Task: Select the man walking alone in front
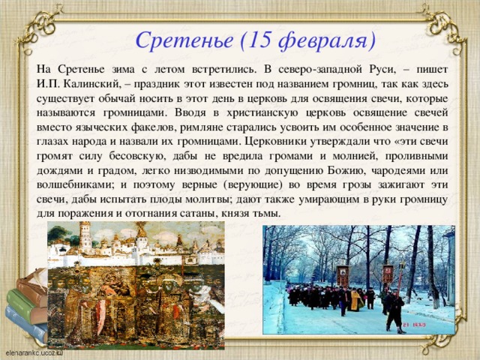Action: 395,310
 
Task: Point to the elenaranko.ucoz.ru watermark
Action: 33,352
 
